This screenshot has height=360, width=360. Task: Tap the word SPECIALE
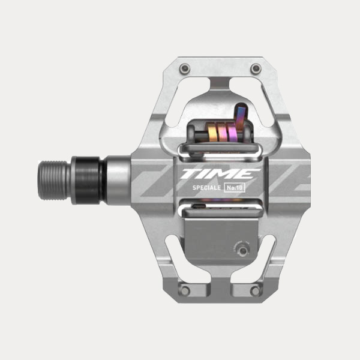pos(206,188)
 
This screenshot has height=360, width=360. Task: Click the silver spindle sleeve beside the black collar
pos(118,179)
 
